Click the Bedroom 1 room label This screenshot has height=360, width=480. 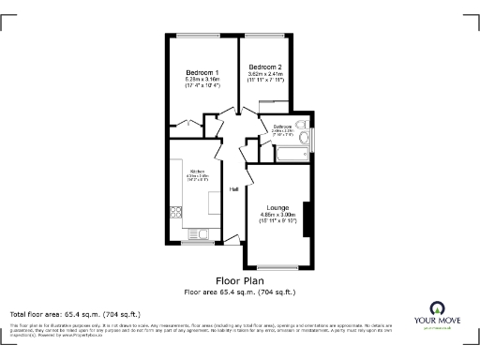[203, 73]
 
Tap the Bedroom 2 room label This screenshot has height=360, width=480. [265, 67]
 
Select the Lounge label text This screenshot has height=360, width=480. [277, 207]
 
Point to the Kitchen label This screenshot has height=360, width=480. [198, 171]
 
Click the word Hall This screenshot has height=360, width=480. [234, 189]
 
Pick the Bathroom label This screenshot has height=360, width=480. [282, 127]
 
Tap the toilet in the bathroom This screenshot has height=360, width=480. [302, 126]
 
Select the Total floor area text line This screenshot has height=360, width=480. [75, 313]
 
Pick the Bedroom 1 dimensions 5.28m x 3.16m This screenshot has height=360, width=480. [203, 81]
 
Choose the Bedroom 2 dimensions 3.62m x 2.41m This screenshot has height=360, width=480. [265, 75]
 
